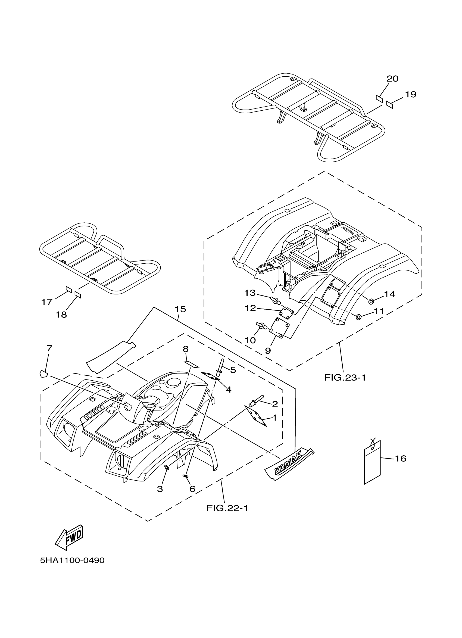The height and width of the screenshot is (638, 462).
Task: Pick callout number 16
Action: coord(401,459)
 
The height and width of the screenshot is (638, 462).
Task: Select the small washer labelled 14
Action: coord(371,301)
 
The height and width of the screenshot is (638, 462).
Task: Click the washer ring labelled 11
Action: coord(358,317)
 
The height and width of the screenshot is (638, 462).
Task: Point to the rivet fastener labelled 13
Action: coord(274,300)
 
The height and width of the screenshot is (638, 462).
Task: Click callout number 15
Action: coord(180,309)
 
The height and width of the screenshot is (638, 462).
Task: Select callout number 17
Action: coord(47,302)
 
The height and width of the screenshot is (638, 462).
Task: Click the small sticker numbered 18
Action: coord(78,294)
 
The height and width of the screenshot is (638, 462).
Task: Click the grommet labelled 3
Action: coord(167,467)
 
